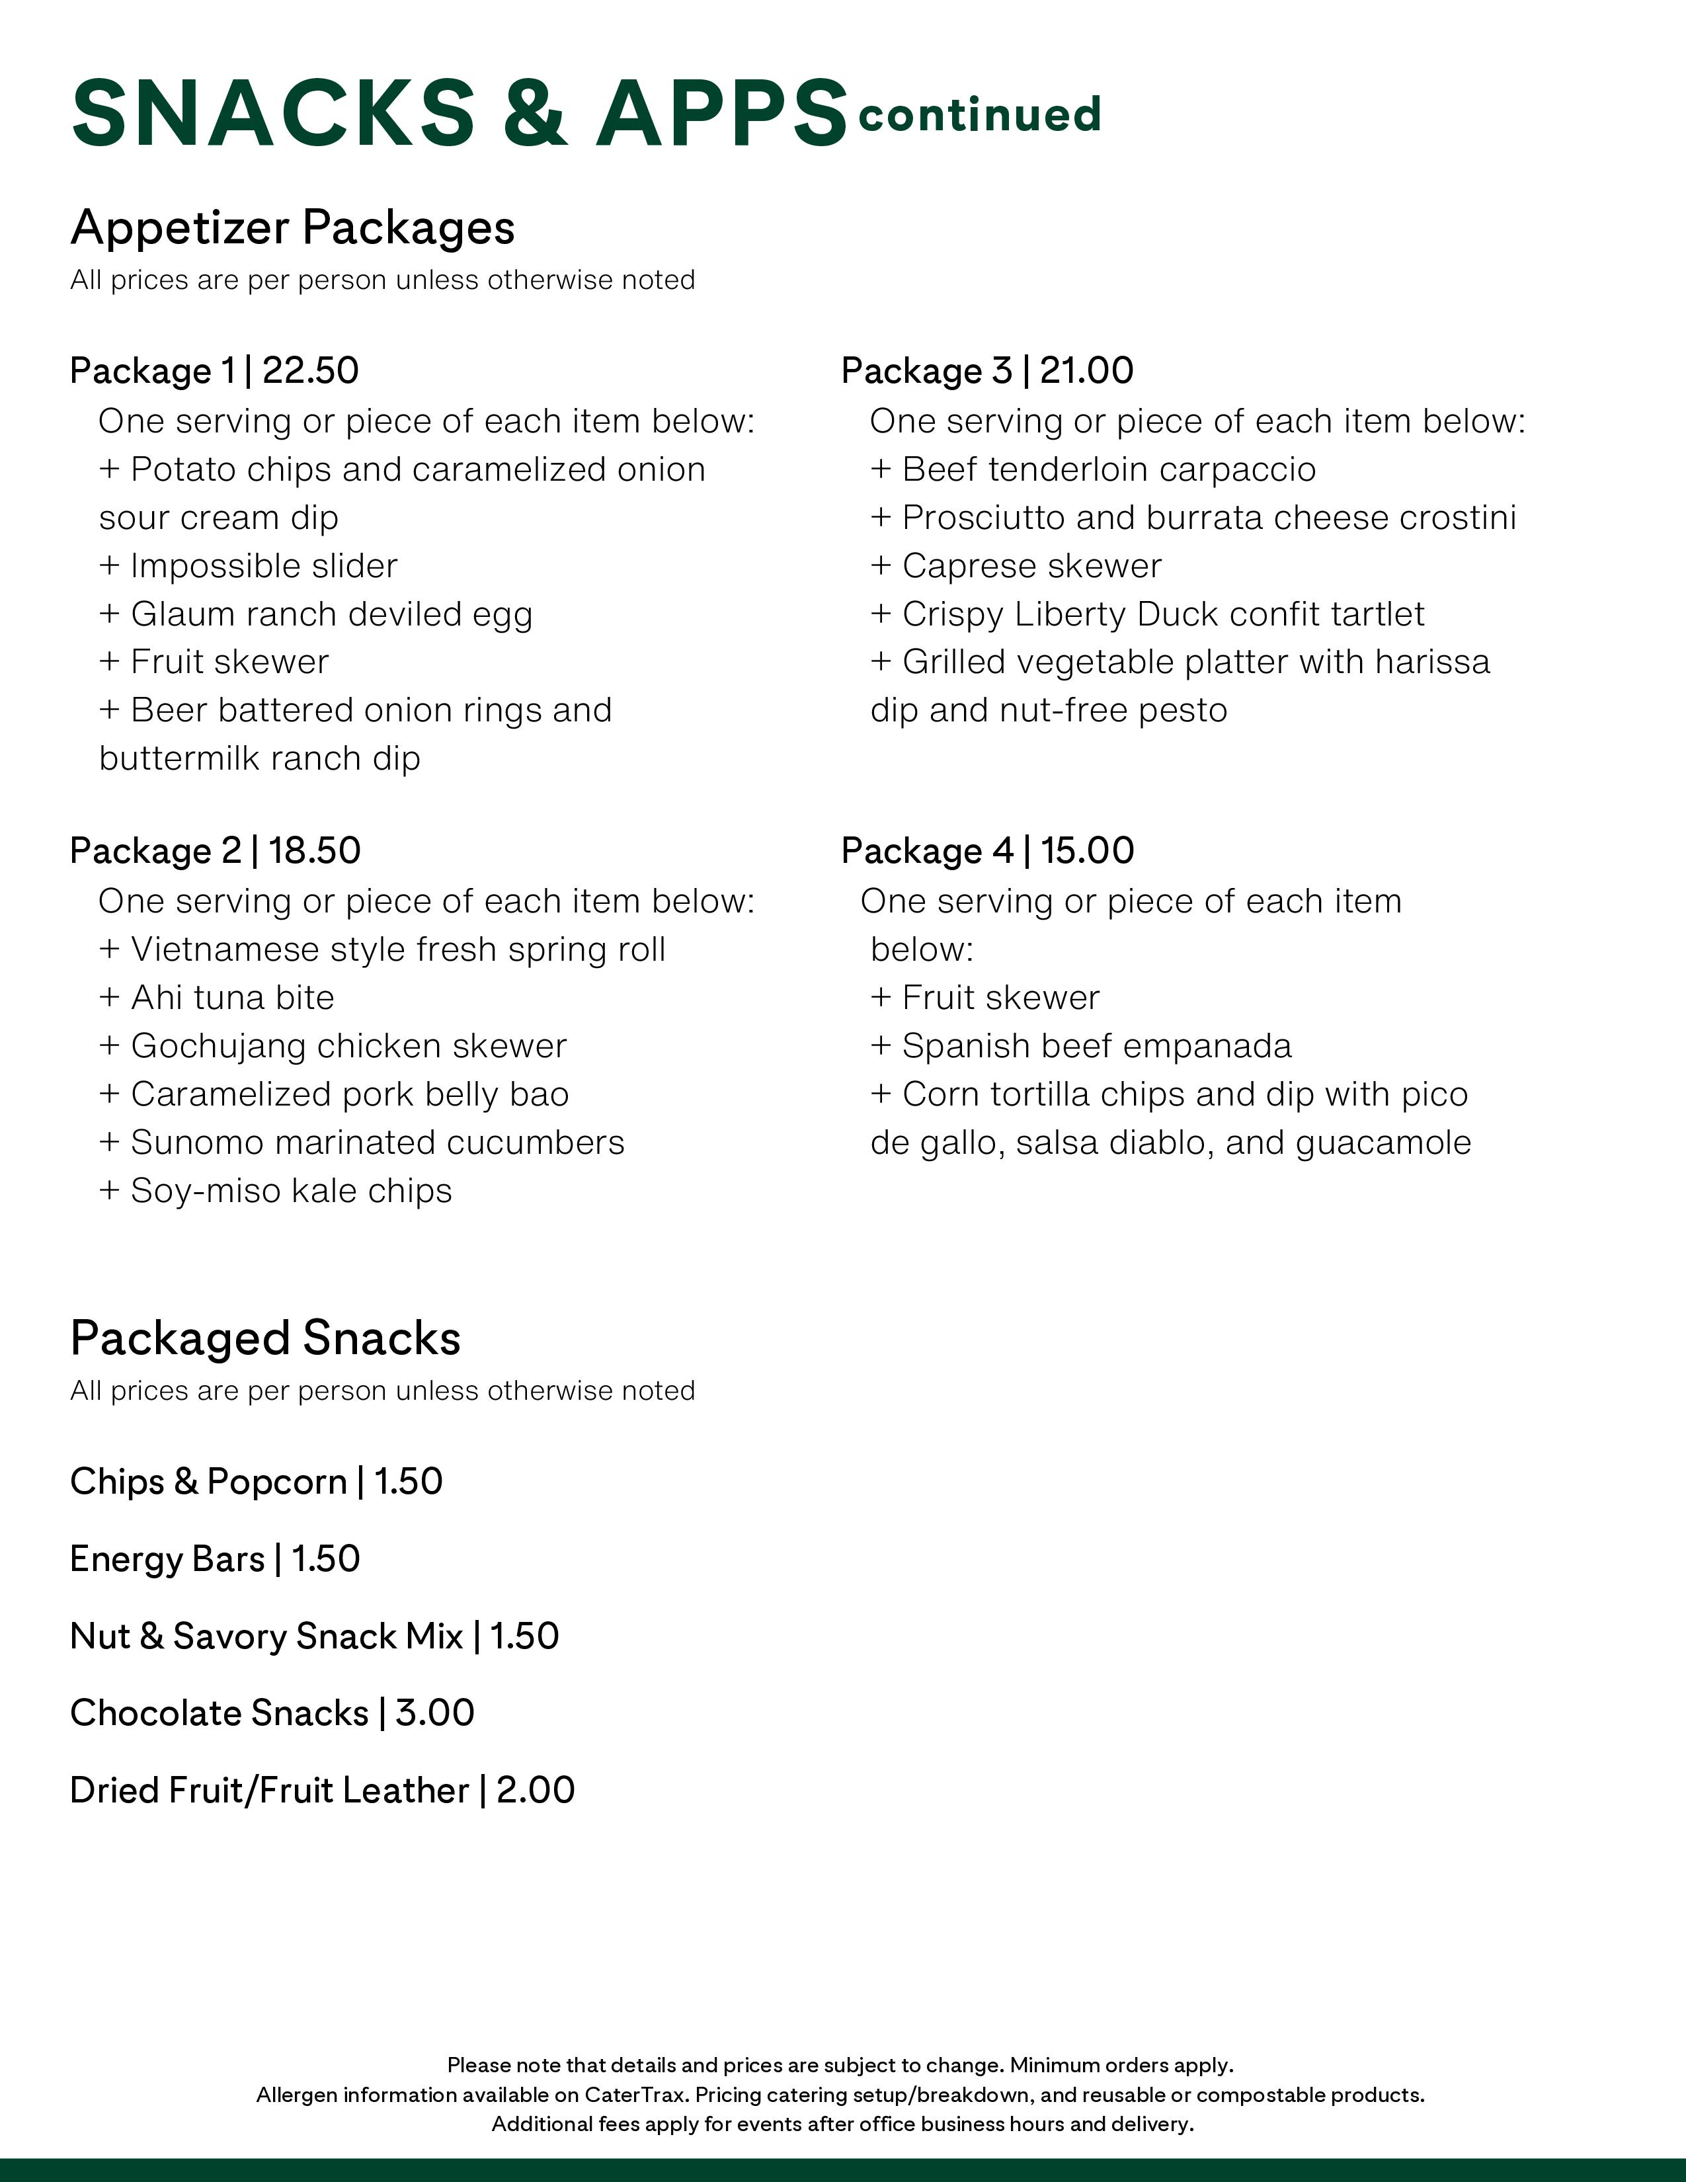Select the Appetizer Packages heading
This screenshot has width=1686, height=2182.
click(293, 228)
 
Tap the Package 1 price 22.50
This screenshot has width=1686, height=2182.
click(311, 371)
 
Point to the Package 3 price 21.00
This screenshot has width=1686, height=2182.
click(1087, 371)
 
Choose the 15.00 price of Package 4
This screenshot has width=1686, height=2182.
click(1088, 851)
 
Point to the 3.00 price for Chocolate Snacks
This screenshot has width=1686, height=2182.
click(434, 1713)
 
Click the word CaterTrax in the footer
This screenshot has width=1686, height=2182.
click(635, 2094)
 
